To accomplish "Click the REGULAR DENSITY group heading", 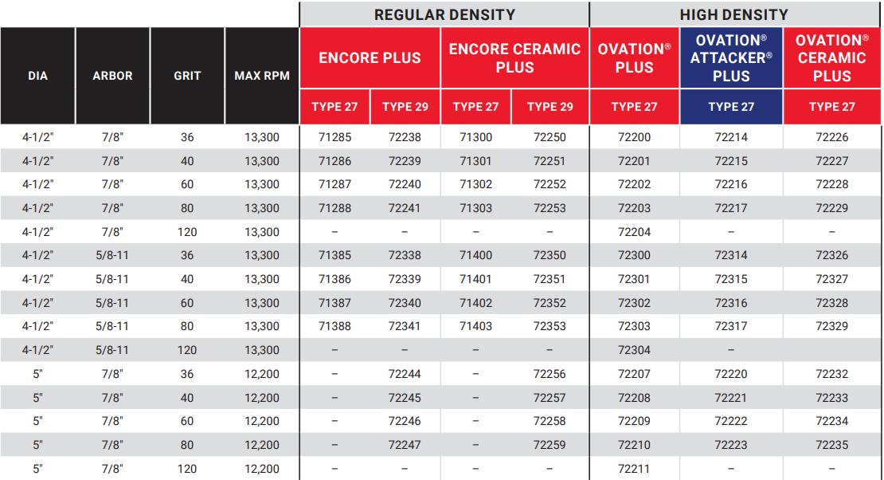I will [444, 14].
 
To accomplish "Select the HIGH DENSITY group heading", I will [733, 14].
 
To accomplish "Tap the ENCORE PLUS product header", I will [370, 58].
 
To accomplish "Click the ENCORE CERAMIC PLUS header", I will [514, 58].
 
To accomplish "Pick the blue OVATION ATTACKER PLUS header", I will [731, 58].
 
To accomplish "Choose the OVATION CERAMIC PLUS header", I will [832, 58].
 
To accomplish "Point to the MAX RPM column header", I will [262, 76].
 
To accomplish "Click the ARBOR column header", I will [112, 76].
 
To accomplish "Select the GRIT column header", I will [187, 76].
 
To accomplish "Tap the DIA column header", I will [37, 76].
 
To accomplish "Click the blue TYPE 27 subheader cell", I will [731, 107].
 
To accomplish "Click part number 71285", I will [334, 137].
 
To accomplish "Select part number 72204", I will [634, 232].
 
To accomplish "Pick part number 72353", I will [550, 326].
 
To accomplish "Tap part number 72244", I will [405, 374].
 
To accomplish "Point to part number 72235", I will [832, 445].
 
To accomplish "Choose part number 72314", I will [731, 255].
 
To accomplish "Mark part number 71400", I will [475, 255].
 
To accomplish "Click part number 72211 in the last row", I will [634, 469].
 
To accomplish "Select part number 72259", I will [550, 445].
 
